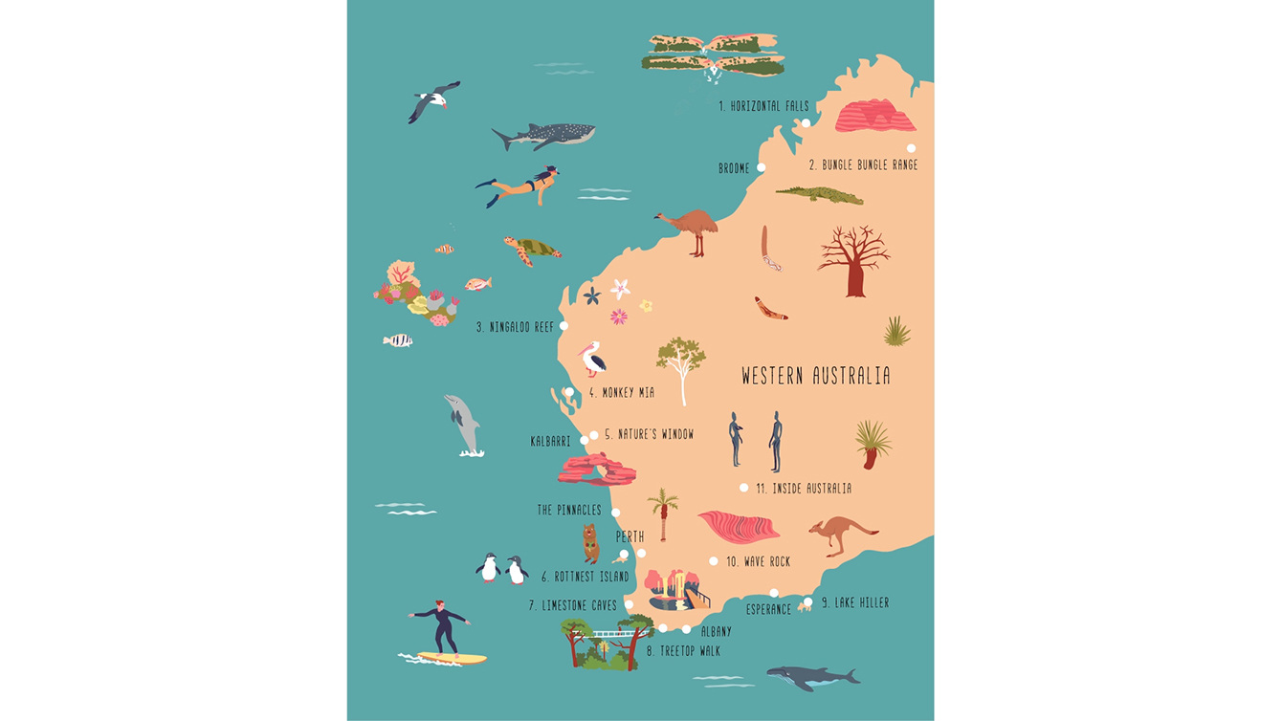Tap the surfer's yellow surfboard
tap(454, 658)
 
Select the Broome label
tap(734, 168)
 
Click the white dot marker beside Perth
tap(641, 553)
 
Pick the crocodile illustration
tap(820, 195)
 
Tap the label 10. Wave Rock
tap(758, 562)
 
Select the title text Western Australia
tap(816, 376)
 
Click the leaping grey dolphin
tap(463, 424)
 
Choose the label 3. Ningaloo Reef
tap(516, 327)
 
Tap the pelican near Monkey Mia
tap(594, 359)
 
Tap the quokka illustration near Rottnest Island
tap(591, 542)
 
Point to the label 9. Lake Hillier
tap(861, 602)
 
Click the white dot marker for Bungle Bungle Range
tap(911, 148)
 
